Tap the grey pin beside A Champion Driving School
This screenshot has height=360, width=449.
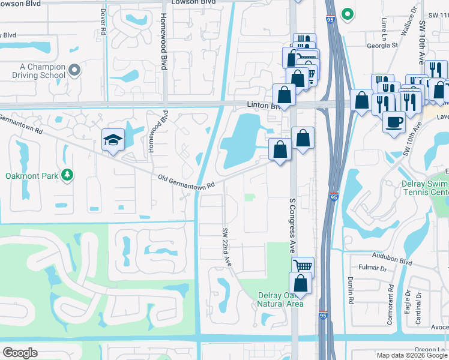[x=74, y=71]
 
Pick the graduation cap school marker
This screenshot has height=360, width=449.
[x=113, y=140]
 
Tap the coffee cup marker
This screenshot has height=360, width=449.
[x=394, y=122]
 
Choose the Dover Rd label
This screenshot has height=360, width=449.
[x=104, y=21]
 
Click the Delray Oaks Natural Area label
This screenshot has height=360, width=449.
[x=280, y=299]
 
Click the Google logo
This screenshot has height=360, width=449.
[x=20, y=353]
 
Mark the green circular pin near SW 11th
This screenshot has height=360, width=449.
[x=346, y=13]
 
